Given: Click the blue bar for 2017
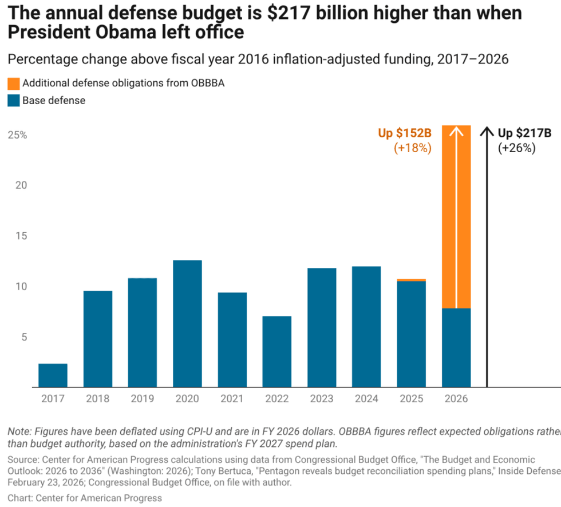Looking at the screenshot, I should pyautogui.click(x=53, y=375).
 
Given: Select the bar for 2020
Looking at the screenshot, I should pyautogui.click(x=187, y=324).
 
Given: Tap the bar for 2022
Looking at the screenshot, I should pyautogui.click(x=277, y=351).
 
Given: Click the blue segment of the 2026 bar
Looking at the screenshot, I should pyautogui.click(x=456, y=348).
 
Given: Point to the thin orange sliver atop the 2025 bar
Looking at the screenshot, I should pyautogui.click(x=412, y=280).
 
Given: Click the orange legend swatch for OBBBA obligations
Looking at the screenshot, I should pyautogui.click(x=13, y=83).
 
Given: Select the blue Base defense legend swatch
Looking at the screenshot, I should pyautogui.click(x=13, y=101).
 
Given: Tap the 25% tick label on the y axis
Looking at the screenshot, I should pyautogui.click(x=17, y=135).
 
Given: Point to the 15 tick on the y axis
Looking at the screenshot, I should pyautogui.click(x=20, y=236).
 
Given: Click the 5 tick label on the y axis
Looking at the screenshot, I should pyautogui.click(x=23, y=337).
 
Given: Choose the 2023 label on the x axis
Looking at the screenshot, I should pyautogui.click(x=322, y=399).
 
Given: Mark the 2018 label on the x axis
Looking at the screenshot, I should pyautogui.click(x=98, y=399).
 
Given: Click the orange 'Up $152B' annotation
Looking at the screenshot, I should pyautogui.click(x=404, y=133).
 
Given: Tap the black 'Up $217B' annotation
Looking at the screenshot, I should pyautogui.click(x=524, y=133).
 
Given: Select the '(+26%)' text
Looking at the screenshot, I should pyautogui.click(x=516, y=148).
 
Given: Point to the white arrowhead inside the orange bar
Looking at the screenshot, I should pyautogui.click(x=456, y=131).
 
